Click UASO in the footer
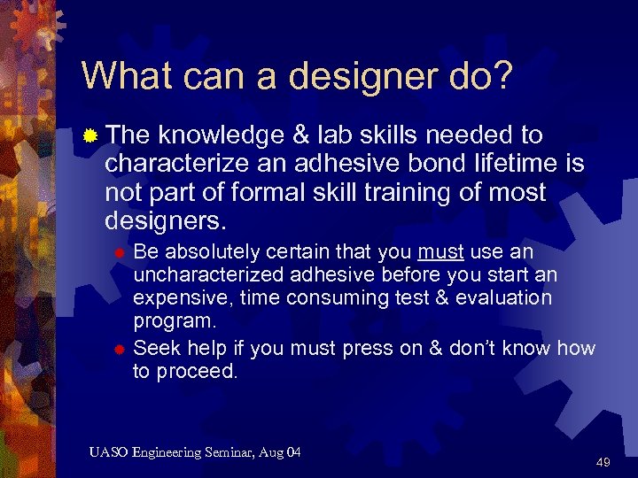[x=109, y=453]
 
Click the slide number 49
[x=603, y=462]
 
